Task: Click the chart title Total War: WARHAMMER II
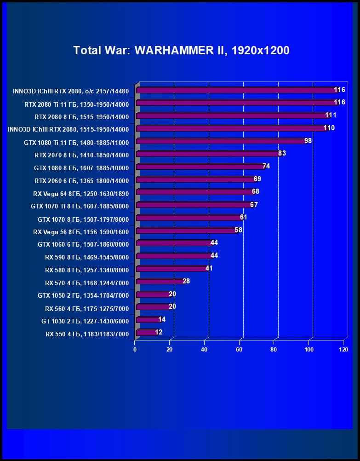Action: (181, 51)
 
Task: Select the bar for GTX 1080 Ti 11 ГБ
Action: (221, 141)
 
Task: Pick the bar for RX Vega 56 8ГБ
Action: (186, 230)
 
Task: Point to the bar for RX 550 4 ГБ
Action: (146, 333)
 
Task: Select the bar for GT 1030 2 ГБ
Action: (148, 320)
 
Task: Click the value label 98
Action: (308, 140)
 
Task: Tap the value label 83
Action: (282, 153)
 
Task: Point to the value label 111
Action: (331, 115)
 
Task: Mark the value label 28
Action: (186, 281)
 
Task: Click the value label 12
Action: (159, 332)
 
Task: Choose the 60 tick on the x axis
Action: (239, 350)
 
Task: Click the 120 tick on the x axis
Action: (343, 350)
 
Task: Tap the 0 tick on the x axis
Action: (135, 350)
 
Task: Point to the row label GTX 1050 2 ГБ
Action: (83, 295)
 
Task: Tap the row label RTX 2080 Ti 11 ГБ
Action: (76, 105)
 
